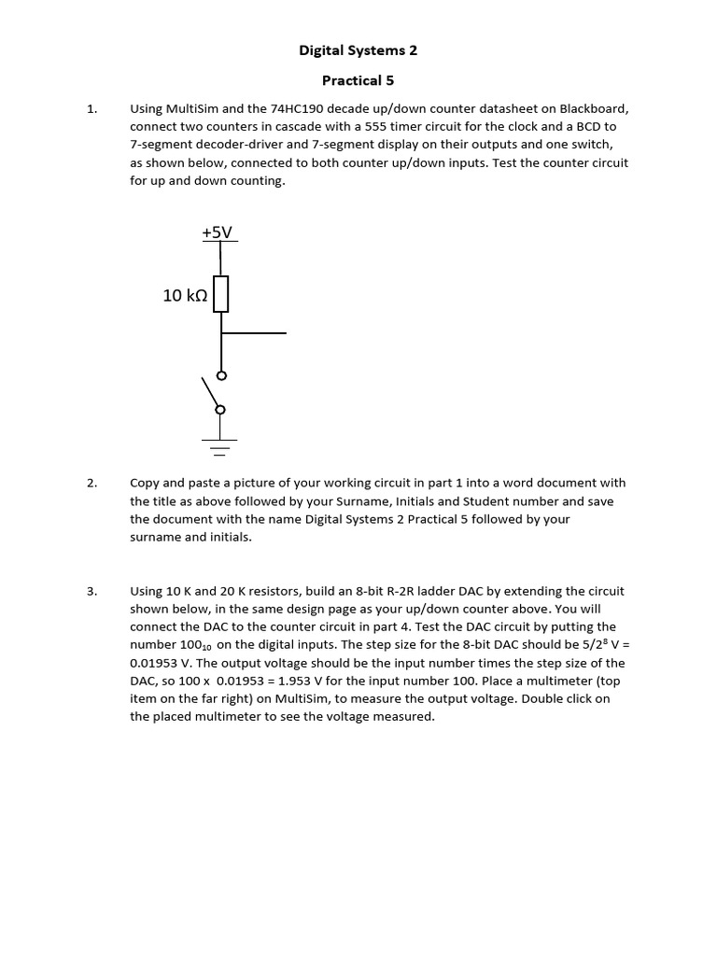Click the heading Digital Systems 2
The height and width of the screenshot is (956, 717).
click(358, 51)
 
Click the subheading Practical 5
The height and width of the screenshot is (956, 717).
click(358, 80)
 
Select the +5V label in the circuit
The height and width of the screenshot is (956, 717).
click(217, 232)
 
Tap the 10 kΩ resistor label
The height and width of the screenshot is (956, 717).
click(184, 295)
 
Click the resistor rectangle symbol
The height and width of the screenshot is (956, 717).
click(220, 294)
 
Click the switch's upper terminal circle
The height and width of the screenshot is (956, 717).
click(220, 375)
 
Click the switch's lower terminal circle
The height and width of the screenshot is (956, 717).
click(220, 409)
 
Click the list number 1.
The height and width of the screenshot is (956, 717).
click(91, 108)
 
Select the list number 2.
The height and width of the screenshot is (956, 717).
click(91, 483)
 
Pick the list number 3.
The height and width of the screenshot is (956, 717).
click(91, 591)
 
